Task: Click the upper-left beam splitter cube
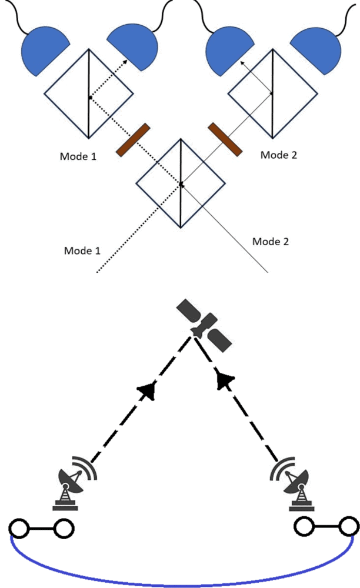88,95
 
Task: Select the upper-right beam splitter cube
272,93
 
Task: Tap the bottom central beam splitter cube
181,183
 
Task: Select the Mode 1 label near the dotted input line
82,250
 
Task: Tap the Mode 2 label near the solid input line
271,241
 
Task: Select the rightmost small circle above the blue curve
349,525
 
